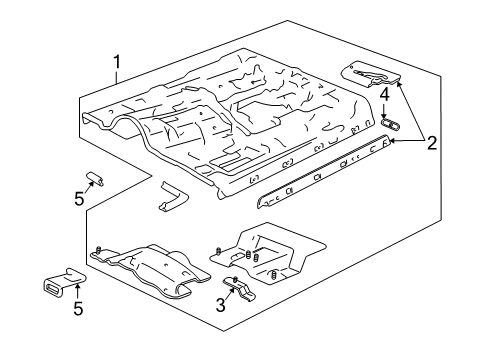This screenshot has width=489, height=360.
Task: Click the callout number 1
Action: click(117, 67)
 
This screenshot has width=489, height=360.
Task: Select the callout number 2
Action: click(432, 143)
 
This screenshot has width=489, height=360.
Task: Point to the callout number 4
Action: click(383, 95)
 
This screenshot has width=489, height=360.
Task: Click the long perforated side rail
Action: click(324, 171)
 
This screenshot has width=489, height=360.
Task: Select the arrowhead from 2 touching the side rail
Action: click(394, 143)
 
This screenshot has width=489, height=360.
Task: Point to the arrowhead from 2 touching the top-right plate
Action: click(402, 85)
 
